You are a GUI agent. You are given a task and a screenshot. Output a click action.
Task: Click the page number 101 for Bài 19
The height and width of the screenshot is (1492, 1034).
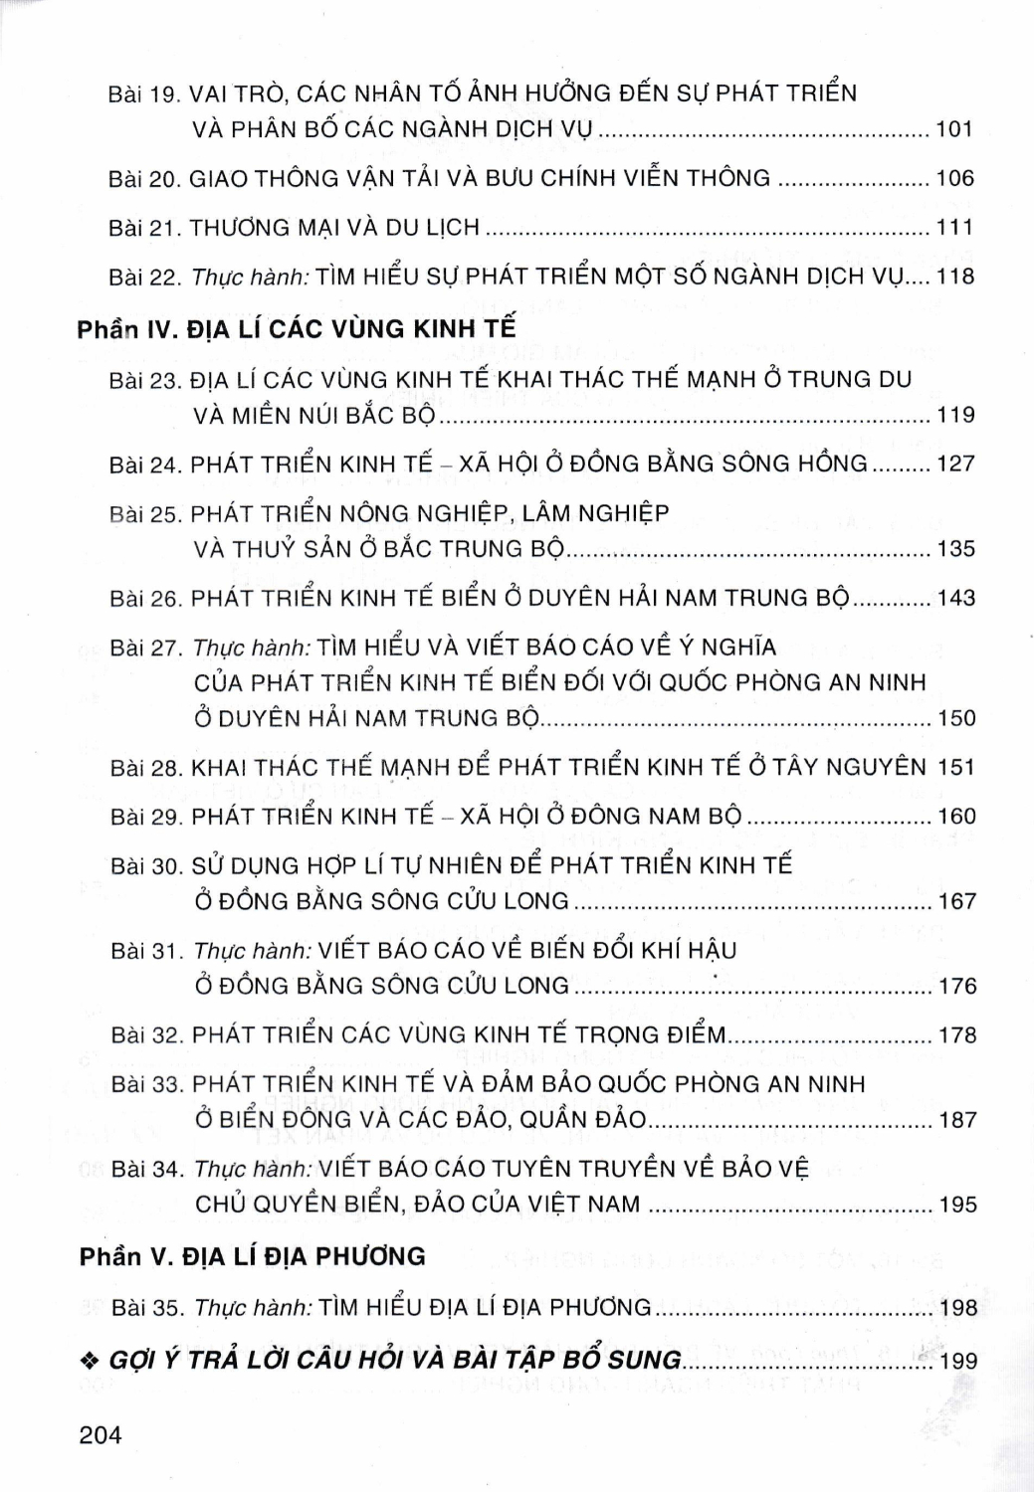954,129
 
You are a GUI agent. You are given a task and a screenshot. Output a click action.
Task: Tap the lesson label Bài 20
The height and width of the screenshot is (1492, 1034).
144,179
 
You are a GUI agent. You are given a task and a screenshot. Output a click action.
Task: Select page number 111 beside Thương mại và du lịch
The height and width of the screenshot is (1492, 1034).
954,228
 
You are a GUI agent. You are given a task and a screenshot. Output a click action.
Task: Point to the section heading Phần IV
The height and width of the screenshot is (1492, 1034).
126,329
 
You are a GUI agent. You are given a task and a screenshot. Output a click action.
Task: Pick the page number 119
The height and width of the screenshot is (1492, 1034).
956,415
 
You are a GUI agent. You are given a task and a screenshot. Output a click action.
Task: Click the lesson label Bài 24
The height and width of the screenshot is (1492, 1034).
145,465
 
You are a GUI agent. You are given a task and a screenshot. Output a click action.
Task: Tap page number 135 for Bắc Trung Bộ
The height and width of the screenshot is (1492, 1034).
956,549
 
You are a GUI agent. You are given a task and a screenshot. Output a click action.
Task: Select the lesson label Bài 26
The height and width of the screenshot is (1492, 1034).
146,599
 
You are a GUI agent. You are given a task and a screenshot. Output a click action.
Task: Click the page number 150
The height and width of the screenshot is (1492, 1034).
956,718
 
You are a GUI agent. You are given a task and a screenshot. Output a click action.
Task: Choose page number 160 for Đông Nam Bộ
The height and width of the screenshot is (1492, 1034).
957,817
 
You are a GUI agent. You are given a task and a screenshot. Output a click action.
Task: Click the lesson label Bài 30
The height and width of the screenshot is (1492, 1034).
146,866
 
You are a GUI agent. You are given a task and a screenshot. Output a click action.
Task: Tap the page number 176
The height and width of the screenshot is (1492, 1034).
957,987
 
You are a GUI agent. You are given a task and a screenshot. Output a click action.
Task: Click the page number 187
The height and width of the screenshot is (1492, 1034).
957,1121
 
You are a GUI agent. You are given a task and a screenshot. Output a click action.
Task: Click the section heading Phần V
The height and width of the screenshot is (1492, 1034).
125,1257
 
